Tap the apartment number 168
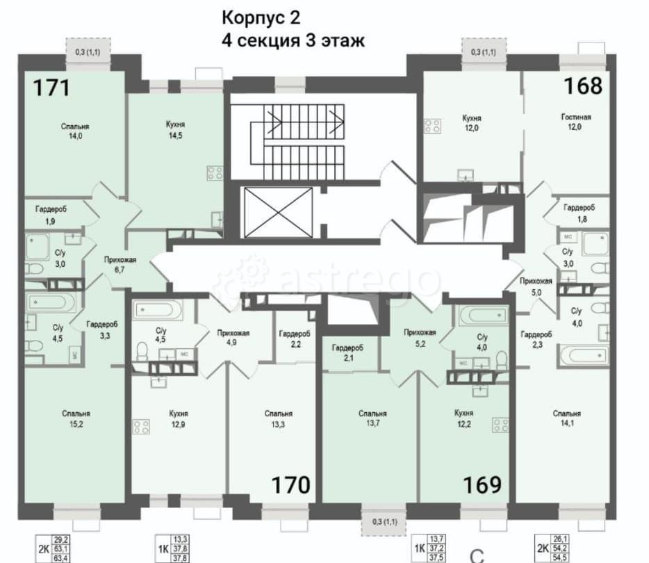582,85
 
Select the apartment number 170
290,484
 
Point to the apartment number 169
482,484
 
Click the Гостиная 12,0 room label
575,122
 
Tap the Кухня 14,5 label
175,129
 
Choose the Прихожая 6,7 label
120,265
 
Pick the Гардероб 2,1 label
347,352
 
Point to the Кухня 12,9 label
179,418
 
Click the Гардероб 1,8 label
578,212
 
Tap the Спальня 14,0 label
75,131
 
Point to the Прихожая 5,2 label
419,337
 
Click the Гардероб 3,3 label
101,329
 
